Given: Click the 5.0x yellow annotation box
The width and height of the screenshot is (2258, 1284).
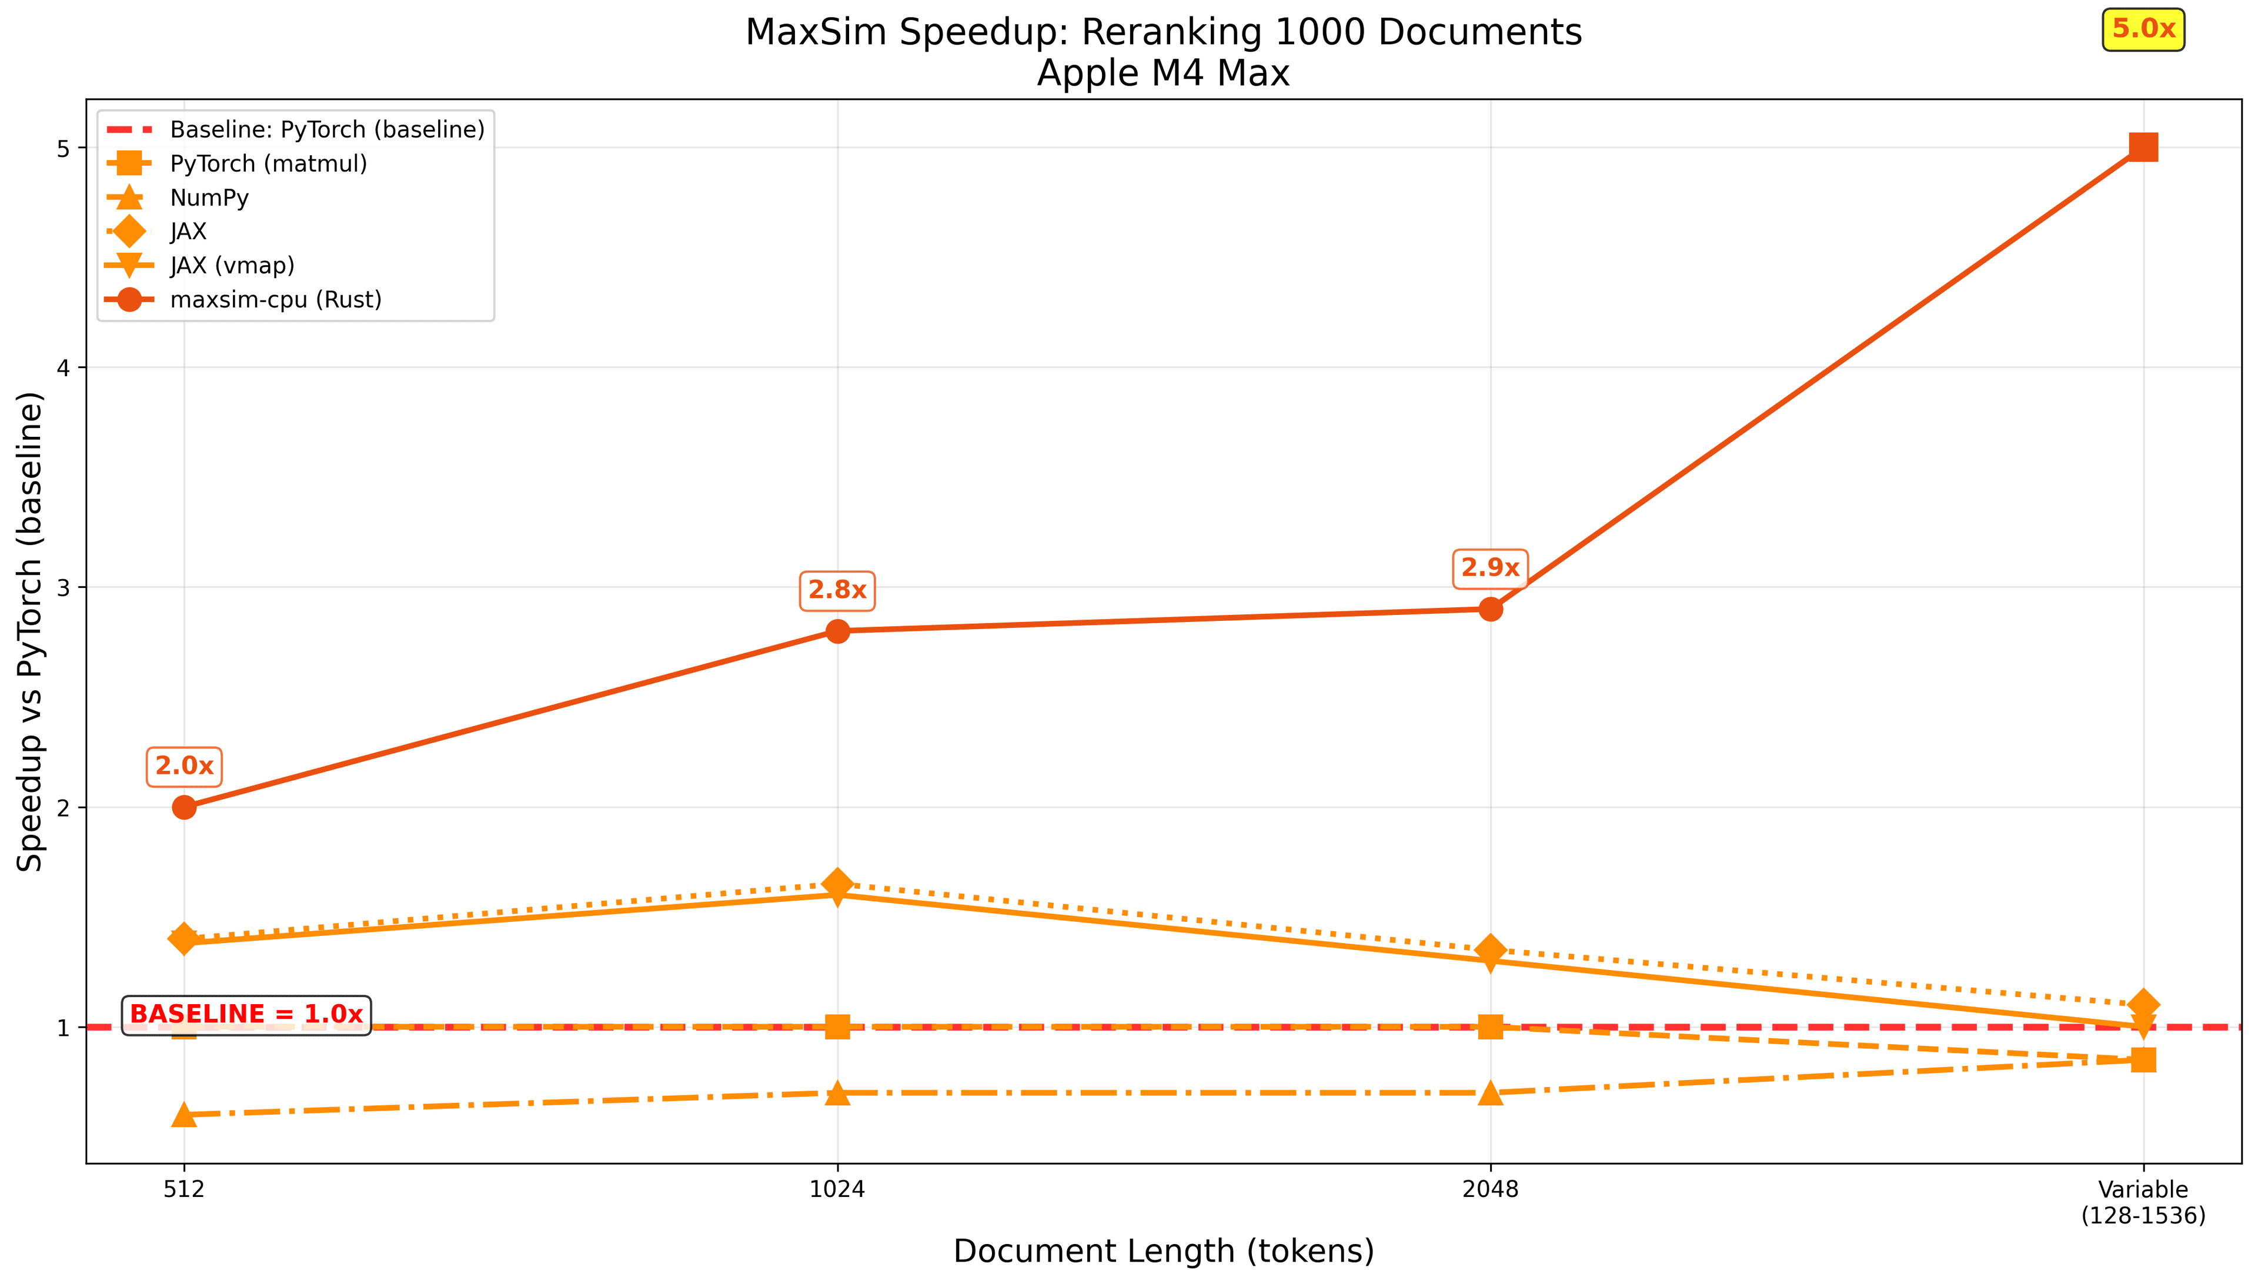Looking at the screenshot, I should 2143,30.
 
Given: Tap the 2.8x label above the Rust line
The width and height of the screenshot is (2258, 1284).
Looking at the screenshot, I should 837,590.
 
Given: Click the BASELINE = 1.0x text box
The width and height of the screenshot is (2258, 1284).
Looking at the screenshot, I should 246,1015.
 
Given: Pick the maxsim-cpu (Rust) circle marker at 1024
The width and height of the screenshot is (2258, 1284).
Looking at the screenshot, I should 837,631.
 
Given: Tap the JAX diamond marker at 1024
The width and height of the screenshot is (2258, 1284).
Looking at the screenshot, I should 837,883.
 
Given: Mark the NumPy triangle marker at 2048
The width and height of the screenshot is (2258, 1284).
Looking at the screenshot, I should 1490,1092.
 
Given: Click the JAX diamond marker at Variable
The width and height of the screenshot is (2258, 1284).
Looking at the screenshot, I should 2143,1004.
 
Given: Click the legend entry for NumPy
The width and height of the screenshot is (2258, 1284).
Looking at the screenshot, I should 209,198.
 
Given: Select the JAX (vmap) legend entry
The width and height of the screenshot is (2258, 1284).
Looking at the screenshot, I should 231,266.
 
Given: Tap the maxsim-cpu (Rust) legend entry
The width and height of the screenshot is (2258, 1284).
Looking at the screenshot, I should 275,300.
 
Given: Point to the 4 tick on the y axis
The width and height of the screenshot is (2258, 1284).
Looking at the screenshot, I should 64,368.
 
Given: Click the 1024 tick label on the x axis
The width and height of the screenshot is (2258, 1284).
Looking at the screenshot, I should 837,1190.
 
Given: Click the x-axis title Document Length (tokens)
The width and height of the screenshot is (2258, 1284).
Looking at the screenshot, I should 1163,1251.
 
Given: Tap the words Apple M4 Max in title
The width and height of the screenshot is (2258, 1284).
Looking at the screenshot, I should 1163,73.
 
